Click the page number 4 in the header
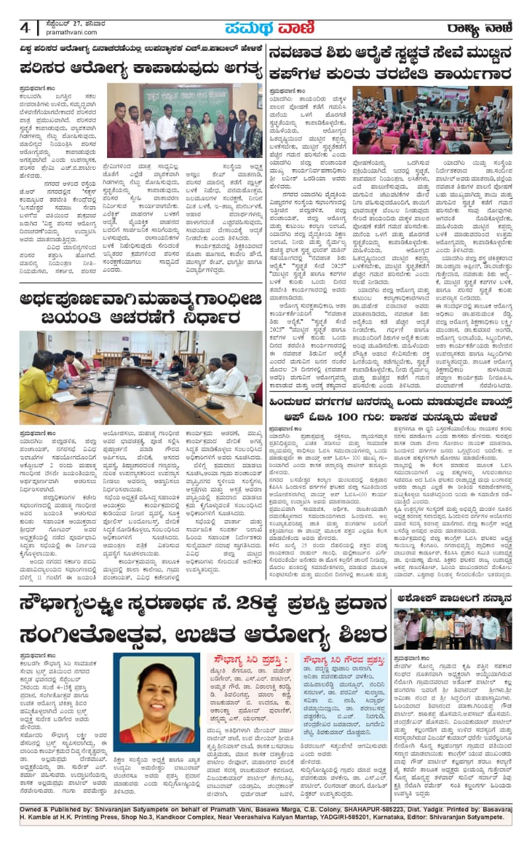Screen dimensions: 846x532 click(25, 28)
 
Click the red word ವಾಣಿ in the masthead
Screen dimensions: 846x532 click(284, 28)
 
